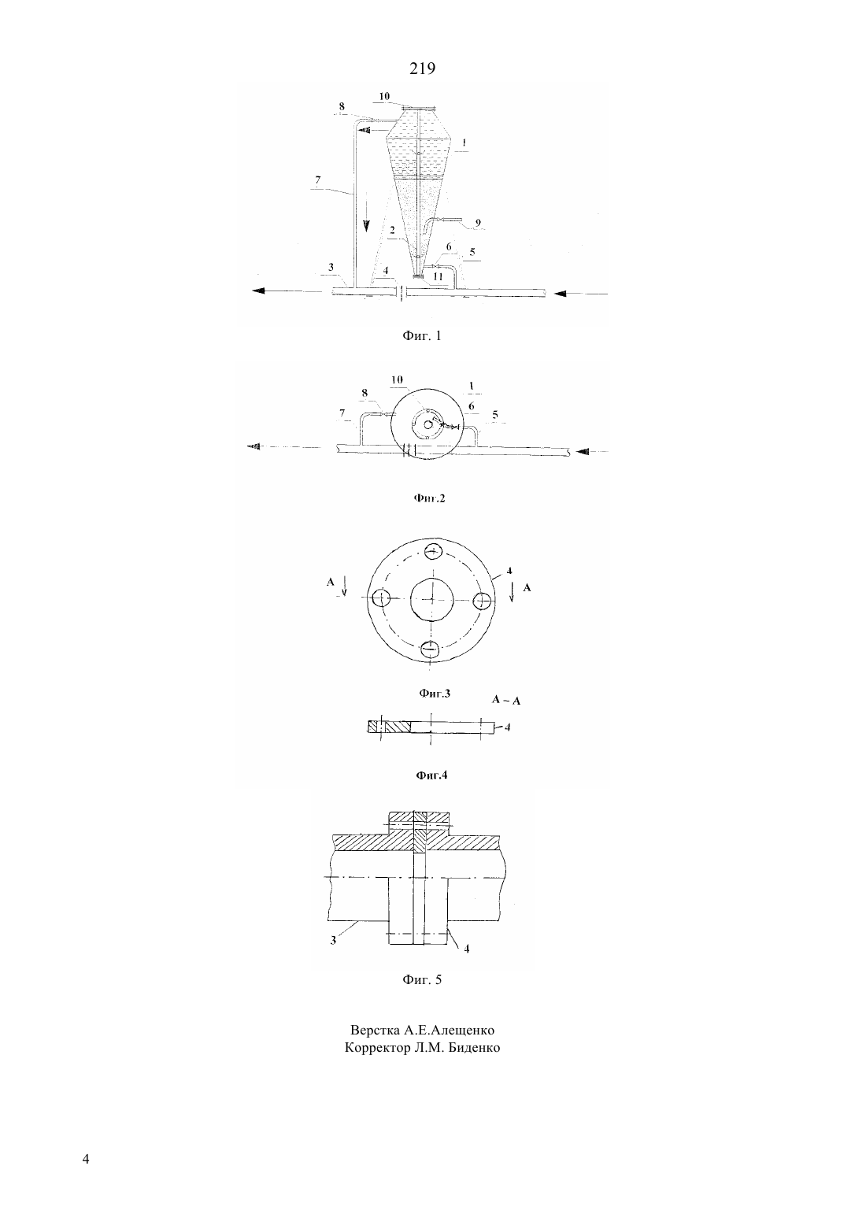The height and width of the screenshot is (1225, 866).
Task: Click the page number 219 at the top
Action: click(422, 68)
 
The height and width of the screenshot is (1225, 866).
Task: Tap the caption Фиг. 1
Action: click(421, 336)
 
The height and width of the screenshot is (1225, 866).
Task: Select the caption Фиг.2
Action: click(429, 498)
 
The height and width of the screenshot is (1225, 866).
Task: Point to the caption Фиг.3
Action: click(435, 694)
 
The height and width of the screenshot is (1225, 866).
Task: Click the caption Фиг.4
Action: click(431, 775)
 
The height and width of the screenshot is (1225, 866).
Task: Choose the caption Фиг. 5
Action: click(421, 979)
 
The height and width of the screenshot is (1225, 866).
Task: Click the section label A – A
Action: click(505, 700)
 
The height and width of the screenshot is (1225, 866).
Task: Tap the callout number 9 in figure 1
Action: click(478, 223)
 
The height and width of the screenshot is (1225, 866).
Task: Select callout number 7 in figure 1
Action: click(318, 179)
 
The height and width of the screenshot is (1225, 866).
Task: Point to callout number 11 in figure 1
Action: click(438, 276)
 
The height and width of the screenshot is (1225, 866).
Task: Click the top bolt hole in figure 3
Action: click(433, 551)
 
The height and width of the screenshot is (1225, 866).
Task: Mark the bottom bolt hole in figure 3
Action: click(431, 649)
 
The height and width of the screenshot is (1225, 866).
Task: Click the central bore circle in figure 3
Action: click(432, 599)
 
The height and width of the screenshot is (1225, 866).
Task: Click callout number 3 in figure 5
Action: click(333, 941)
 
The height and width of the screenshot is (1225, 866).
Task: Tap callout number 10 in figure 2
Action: click(397, 379)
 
